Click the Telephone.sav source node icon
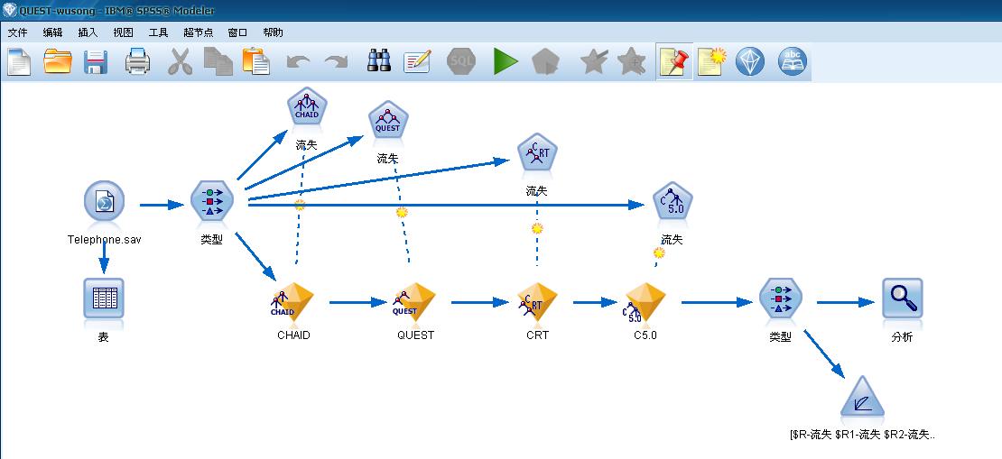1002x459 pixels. [x=104, y=204]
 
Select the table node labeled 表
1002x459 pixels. [x=103, y=298]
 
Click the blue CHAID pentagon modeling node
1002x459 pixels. [x=306, y=109]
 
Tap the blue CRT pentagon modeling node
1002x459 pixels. [x=537, y=155]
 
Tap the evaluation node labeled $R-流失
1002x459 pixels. [x=862, y=399]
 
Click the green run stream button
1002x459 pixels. [x=506, y=61]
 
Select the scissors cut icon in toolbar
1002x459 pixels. [x=181, y=61]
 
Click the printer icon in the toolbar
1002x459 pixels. [x=137, y=61]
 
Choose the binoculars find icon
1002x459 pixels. [x=379, y=61]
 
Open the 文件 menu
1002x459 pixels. [x=19, y=32]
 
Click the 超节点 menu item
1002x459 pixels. [x=198, y=32]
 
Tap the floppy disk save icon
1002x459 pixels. [x=96, y=61]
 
